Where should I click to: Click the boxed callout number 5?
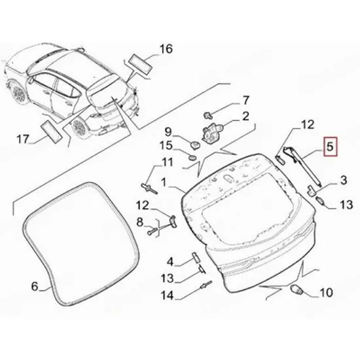pos(330,147)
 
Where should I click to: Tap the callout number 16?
pos(166,49)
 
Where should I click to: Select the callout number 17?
pos(23,139)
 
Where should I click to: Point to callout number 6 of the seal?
pos(35,286)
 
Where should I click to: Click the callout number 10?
pos(326,293)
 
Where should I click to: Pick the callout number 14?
pos(167,295)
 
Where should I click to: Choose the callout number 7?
pos(245,100)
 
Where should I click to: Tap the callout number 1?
pos(164,183)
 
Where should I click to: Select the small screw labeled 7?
pos(208,115)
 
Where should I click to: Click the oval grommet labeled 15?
pos(192,158)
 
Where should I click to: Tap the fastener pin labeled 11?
pos(149,189)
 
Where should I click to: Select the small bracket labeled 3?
pos(312,190)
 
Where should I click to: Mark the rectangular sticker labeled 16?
pos(141,64)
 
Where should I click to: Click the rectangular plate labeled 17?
pos(51,132)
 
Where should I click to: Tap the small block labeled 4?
pos(196,257)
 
